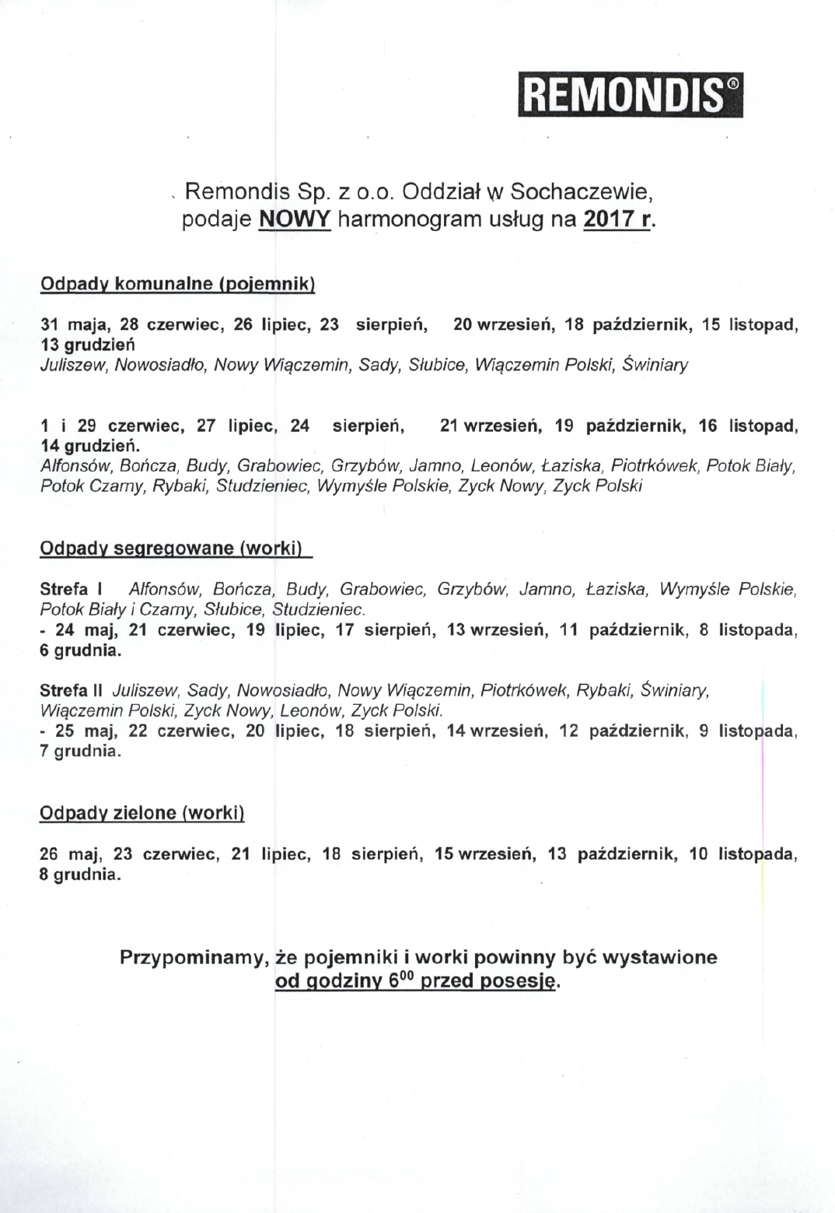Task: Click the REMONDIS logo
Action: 630,95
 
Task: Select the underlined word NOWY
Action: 295,219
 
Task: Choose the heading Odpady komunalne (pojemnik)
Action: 177,283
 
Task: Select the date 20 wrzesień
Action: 503,324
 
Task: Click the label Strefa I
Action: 72,589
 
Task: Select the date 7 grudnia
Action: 80,752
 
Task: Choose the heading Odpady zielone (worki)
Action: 142,813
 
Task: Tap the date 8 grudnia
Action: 80,874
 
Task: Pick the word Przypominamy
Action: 189,957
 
